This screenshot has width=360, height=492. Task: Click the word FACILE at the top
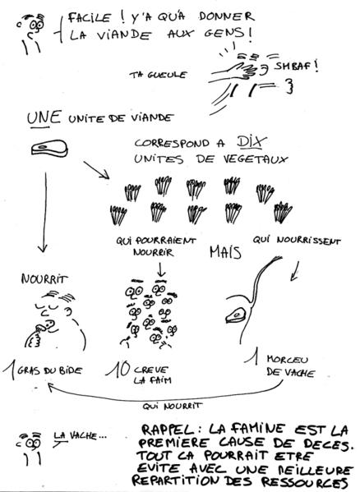(89, 18)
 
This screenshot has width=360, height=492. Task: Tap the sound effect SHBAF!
(297, 67)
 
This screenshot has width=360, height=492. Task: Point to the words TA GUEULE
(158, 75)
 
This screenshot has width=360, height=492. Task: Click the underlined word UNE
(44, 118)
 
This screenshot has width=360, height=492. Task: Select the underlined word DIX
(252, 142)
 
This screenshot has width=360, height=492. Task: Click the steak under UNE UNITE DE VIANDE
(49, 148)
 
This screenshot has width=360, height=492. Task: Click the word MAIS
(225, 252)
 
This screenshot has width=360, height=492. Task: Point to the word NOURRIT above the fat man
(44, 279)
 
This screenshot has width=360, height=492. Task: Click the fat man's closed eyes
(47, 306)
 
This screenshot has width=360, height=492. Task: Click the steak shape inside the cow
(236, 315)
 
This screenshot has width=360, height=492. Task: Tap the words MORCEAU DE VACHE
(290, 366)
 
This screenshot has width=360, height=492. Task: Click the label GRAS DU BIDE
(49, 370)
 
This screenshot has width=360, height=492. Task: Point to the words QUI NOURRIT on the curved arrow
(172, 406)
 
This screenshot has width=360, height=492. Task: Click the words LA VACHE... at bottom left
(81, 435)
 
